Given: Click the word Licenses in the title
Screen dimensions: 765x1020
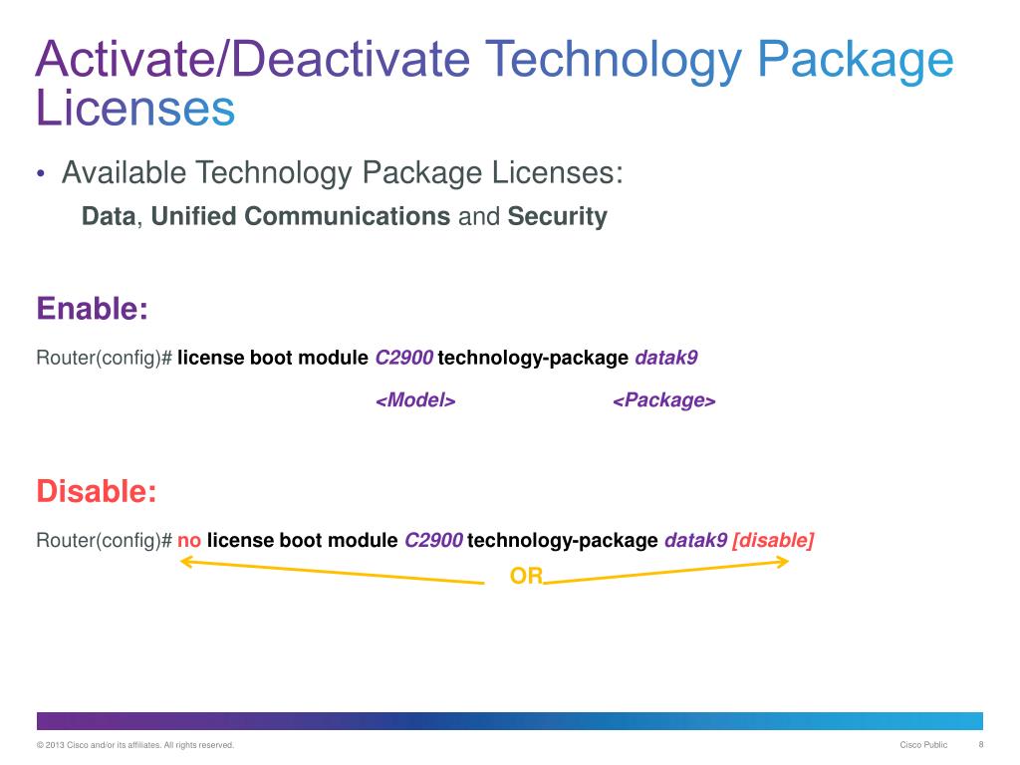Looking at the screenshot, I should coord(135,110).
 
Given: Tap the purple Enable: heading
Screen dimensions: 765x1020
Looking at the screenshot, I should coord(93,309).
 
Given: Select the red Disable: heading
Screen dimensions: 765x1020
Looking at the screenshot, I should coord(97,491).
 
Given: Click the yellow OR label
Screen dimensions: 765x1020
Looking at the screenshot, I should coord(526,577).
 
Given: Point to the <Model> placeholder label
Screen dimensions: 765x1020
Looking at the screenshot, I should coord(415,400).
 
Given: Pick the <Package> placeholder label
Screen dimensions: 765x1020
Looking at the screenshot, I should coord(663,400).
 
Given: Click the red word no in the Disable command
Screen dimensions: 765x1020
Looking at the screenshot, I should coord(189,541).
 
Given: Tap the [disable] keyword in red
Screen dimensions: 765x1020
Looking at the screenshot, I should coord(773,541).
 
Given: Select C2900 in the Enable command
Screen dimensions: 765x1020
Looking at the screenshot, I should coord(403,358).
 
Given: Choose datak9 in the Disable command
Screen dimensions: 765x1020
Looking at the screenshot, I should coord(695,541).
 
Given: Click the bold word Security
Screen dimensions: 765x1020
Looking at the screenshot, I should coord(557,217).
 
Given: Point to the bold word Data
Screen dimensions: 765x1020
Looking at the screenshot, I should coord(108,217).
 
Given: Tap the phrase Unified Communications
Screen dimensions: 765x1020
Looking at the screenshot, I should coord(301,217).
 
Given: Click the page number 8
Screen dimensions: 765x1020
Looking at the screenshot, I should coord(981,745).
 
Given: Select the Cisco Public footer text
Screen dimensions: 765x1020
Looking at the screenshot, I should coord(923,745).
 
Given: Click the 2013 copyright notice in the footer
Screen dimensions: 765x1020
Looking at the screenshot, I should coord(134,745).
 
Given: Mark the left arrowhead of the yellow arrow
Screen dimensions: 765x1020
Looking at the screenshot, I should coord(184,564).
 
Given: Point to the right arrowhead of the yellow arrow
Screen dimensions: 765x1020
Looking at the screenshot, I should coord(784,563).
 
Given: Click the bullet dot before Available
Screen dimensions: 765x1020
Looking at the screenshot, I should coord(41,176).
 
